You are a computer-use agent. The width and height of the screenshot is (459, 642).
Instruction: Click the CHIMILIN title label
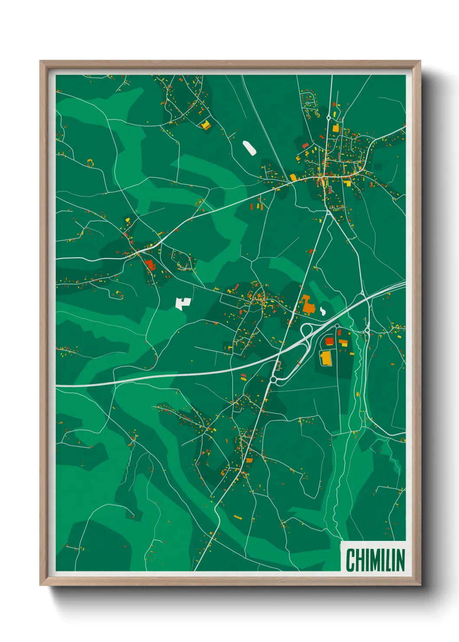(375, 560)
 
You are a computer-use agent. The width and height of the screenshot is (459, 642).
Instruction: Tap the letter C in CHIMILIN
(351, 560)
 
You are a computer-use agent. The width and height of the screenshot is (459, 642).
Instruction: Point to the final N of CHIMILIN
(400, 560)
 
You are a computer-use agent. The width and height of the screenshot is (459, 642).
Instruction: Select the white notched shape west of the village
(183, 303)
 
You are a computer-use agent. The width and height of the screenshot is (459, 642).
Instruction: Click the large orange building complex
(308, 305)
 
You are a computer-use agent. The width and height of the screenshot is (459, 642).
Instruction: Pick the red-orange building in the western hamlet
(150, 264)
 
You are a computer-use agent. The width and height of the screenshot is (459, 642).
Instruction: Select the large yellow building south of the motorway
(325, 358)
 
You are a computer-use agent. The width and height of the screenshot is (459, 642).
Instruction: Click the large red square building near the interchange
(329, 341)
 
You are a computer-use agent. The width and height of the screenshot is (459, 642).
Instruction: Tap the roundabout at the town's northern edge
(329, 117)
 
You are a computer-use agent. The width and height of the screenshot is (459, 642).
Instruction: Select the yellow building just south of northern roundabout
(335, 128)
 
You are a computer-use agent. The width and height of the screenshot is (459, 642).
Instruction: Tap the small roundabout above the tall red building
(273, 380)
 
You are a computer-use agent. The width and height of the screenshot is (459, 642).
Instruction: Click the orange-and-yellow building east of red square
(343, 343)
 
